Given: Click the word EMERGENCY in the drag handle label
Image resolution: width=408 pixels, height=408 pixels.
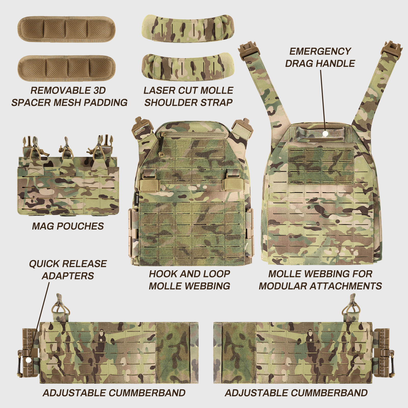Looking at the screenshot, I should tap(320, 52).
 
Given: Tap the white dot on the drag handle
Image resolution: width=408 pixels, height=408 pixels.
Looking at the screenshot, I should tap(325, 133).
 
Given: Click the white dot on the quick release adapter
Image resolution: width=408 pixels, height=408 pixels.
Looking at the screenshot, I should tap(29, 360).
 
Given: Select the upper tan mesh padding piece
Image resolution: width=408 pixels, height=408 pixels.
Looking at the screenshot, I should tap(66, 29).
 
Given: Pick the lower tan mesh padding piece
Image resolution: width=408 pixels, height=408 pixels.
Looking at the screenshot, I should tap(66, 68).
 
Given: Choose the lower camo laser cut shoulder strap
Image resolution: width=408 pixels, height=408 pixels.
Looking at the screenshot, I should tap(188, 67).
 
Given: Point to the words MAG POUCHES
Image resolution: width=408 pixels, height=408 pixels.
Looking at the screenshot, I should tap(68, 226).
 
